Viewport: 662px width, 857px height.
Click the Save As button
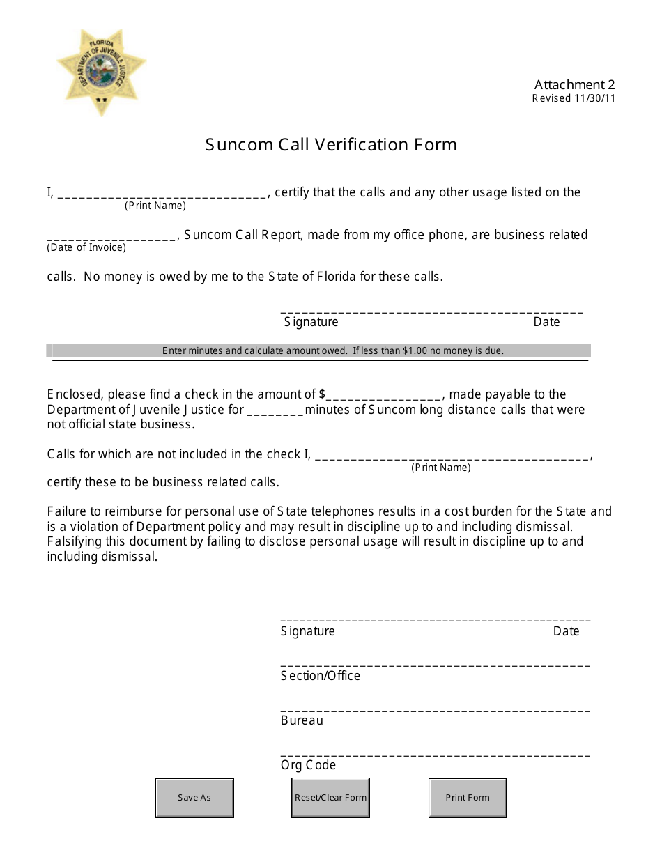(194, 798)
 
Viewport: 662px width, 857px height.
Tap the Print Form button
(468, 798)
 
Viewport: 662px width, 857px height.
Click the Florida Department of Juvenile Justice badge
(101, 72)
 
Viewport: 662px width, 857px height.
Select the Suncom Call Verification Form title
(331, 145)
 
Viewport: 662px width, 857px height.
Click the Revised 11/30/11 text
(574, 98)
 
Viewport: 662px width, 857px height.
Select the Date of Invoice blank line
(112, 236)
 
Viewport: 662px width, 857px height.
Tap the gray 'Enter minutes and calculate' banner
(321, 350)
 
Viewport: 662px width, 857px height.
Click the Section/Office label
(321, 676)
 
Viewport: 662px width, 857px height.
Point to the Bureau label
(302, 720)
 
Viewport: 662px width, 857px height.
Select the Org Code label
(308, 765)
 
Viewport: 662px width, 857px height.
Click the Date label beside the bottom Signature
(566, 631)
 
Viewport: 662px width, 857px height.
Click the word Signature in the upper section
(311, 322)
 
